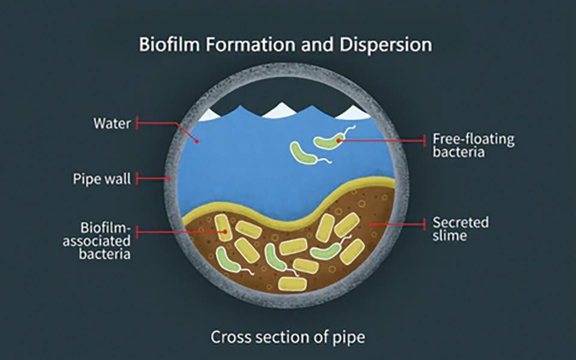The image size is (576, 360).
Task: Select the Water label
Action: tap(112, 124)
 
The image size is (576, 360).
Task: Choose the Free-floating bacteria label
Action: tap(473, 146)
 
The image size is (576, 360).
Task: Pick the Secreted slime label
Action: tap(461, 229)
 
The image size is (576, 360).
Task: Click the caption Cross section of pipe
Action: tap(287, 337)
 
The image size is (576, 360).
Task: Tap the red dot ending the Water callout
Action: tap(196, 139)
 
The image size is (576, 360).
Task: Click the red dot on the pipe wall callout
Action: tap(170, 178)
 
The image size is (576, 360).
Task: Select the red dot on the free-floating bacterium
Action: tap(339, 140)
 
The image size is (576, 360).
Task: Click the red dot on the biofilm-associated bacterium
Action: tap(224, 230)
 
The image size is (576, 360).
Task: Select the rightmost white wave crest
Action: tap(354, 112)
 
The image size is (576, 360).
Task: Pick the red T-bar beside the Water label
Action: tap(137, 124)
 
